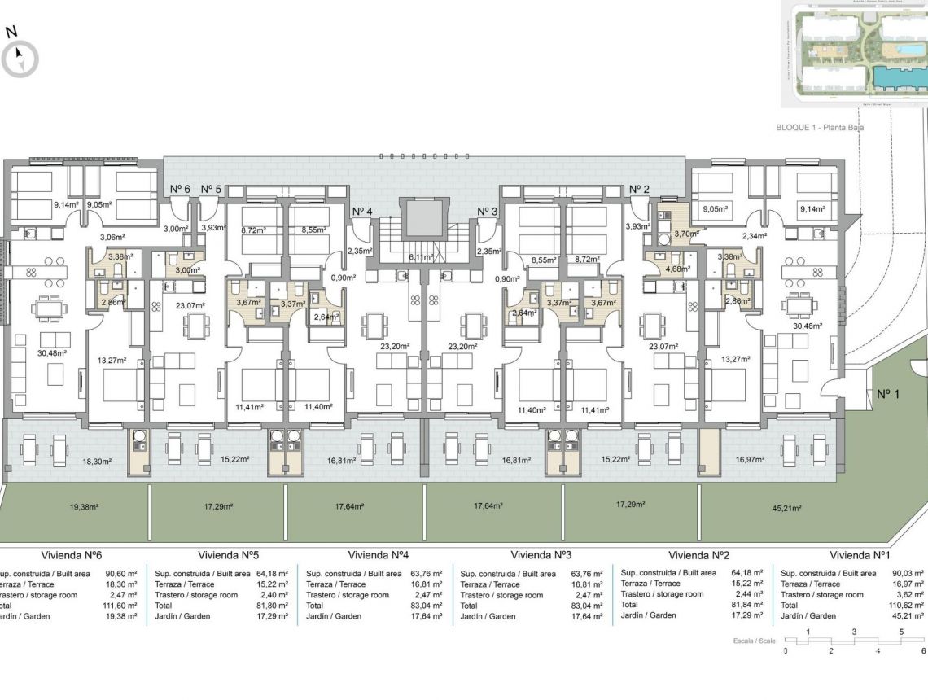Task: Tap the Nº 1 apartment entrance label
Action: [888, 394]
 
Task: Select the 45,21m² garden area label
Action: [786, 509]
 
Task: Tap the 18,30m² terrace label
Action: [97, 461]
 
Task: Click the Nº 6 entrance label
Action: [180, 189]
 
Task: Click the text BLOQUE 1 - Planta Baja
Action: [819, 128]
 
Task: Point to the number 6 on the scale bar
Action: [923, 650]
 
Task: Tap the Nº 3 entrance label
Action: [487, 212]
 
